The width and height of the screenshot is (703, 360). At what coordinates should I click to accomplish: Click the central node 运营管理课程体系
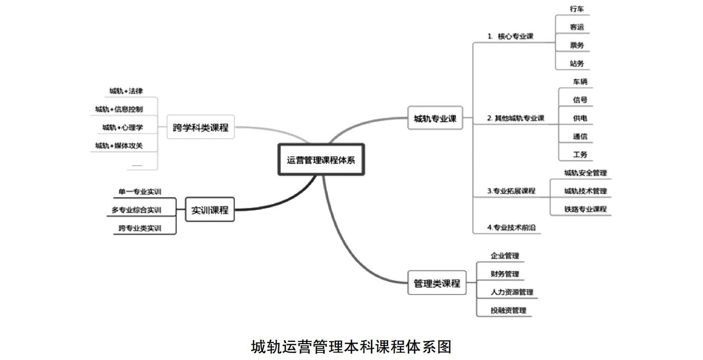(321, 160)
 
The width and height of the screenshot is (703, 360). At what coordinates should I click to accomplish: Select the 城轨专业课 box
(435, 118)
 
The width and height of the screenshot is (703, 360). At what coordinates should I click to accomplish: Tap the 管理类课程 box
(436, 283)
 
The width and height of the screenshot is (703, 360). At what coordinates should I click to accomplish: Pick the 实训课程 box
(210, 210)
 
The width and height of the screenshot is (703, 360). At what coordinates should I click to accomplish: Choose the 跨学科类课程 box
(200, 127)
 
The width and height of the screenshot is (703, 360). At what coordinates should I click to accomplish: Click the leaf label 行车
(577, 9)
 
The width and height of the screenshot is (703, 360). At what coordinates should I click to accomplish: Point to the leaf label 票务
(577, 45)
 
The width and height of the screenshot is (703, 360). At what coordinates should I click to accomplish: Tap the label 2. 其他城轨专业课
(515, 118)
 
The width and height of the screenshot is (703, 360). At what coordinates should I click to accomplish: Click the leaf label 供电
(580, 118)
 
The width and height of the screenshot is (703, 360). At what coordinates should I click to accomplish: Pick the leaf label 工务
(580, 154)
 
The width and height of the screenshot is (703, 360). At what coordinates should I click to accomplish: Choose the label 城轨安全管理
(585, 173)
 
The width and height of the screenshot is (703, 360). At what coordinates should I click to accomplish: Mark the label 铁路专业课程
(585, 209)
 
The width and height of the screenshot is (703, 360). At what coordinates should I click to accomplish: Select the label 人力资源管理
(511, 292)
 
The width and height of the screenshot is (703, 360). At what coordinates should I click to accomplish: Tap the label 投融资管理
(508, 310)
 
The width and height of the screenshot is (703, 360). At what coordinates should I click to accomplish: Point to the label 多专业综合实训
(136, 210)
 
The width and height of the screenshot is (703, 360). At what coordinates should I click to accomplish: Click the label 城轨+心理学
(123, 127)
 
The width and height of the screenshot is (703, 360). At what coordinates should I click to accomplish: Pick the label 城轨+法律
(126, 91)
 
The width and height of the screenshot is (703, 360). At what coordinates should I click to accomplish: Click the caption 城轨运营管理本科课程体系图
(351, 346)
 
